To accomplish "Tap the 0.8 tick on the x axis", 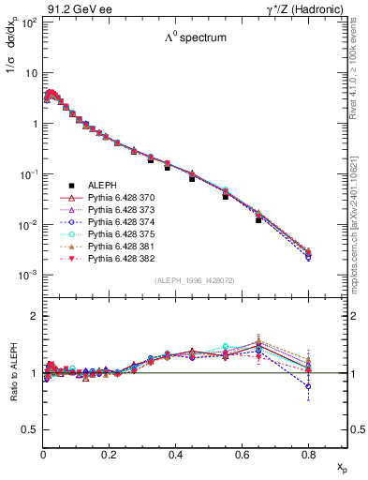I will [308, 453].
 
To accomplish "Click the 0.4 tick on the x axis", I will [176, 453].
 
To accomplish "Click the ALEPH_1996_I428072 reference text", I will [195, 280].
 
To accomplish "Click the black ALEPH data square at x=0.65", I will [258, 219].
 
